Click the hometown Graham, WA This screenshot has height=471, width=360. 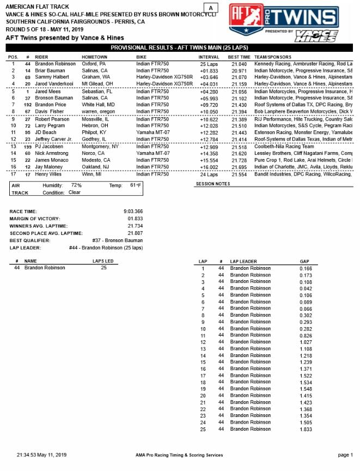coord(95,78)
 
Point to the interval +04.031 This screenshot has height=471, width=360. coord(209,84)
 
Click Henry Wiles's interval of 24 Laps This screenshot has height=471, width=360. coord(209,174)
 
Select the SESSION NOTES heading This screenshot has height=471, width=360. coord(212,184)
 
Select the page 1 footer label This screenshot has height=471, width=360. coord(345,455)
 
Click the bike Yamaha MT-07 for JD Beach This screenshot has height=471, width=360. coord(152,133)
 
